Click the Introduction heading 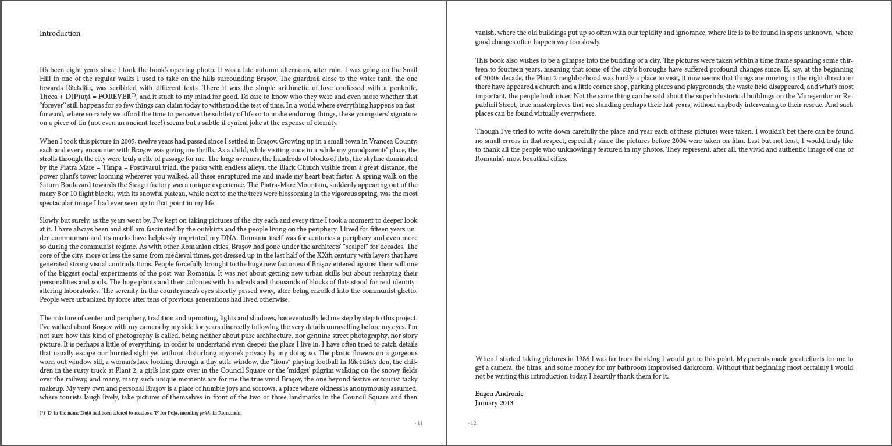click(60, 34)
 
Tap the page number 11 click(419, 423)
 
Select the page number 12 click(472, 423)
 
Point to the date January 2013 click(494, 403)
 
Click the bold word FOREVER click(115, 97)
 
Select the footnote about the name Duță click(140, 413)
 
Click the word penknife click(404, 88)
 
